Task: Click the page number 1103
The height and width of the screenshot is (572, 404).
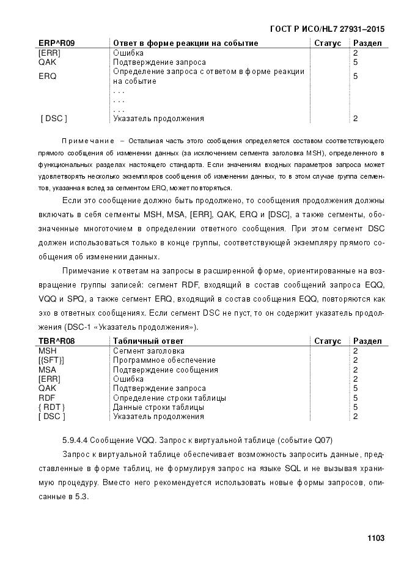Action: [375, 538]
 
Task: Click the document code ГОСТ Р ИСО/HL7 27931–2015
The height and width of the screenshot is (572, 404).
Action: [326, 29]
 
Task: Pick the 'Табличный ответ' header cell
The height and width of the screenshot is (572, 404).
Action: [149, 341]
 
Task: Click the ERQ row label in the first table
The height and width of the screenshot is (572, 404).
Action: [47, 76]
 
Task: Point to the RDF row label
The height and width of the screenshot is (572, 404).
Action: [46, 398]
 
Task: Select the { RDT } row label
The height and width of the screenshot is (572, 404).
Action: [52, 407]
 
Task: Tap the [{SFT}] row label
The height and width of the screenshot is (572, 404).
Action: [51, 360]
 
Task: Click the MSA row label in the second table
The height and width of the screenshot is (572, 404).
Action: [47, 370]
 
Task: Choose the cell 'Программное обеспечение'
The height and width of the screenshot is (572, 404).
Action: [164, 360]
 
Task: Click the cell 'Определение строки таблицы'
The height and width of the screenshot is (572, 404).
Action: [170, 398]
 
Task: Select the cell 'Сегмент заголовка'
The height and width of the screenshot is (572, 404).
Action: [149, 351]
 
